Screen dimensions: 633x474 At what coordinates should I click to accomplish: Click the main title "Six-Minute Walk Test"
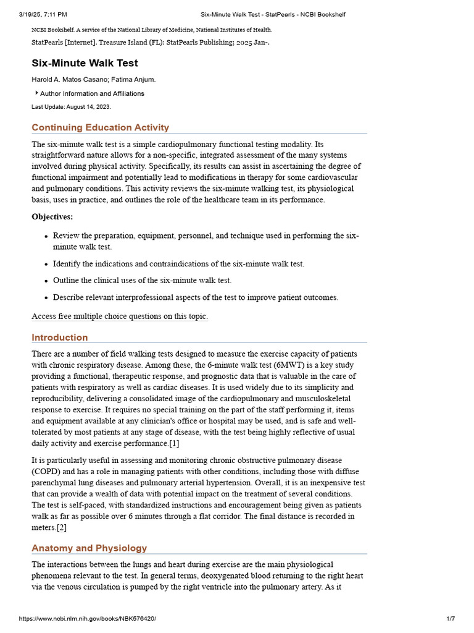point(85,63)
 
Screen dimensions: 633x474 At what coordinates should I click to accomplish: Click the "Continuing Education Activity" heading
point(100,127)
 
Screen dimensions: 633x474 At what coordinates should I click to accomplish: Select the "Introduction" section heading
point(60,338)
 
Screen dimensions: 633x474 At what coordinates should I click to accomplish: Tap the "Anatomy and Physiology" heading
point(89,548)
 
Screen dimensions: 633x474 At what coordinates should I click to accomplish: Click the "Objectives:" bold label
point(52,217)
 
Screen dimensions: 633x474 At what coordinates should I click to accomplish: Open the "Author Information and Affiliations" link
point(92,94)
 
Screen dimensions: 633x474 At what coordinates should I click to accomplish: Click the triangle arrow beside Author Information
point(36,93)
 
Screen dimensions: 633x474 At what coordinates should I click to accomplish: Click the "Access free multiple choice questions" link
point(120,316)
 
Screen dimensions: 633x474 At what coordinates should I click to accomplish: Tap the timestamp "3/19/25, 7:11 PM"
point(43,14)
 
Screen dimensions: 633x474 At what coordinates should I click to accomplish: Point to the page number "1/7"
point(450,619)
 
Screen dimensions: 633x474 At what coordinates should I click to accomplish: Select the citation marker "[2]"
point(62,527)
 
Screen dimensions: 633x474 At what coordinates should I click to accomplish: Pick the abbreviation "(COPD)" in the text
point(46,472)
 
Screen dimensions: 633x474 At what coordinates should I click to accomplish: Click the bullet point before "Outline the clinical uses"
point(46,281)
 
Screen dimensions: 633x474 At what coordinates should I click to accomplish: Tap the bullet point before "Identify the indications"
point(46,265)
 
